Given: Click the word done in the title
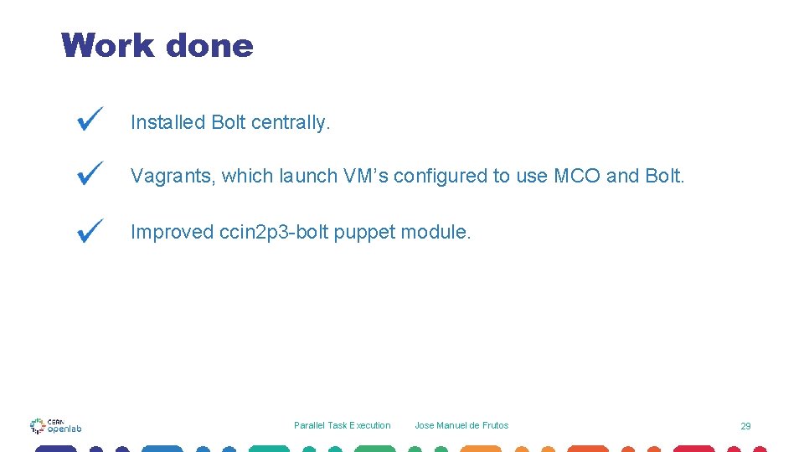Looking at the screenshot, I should (209, 45).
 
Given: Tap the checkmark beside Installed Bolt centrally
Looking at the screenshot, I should (90, 119).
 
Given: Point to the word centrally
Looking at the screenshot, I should (291, 122).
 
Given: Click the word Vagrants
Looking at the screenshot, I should (173, 176).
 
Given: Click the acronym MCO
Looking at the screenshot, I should (577, 176).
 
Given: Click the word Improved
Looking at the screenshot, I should (172, 232).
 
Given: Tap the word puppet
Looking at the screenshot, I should (364, 233).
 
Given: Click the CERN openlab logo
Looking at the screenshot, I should (55, 425).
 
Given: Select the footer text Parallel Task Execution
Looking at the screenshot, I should (342, 425).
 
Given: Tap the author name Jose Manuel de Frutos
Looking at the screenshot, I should (461, 425).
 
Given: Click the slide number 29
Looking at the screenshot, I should (745, 426).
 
